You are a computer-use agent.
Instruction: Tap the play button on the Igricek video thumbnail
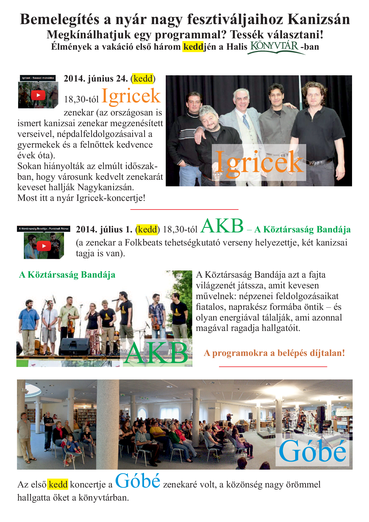pyautogui.click(x=38, y=95)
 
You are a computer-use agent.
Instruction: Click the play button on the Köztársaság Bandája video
pyautogui.click(x=44, y=246)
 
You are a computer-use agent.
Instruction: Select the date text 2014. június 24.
pyautogui.click(x=96, y=79)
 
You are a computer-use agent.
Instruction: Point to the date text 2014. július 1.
pyautogui.click(x=104, y=229)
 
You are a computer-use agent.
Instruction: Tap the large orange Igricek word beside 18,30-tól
pyautogui.click(x=131, y=96)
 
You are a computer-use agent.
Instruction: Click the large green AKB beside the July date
pyautogui.click(x=222, y=226)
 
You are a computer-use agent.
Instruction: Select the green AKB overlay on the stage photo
pyautogui.click(x=156, y=353)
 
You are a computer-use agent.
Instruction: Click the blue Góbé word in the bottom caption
pyautogui.click(x=137, y=481)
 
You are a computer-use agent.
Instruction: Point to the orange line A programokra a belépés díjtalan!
pyautogui.click(x=274, y=353)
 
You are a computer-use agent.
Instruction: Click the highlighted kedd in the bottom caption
pyautogui.click(x=58, y=485)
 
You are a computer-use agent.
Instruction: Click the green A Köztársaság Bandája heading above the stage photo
pyautogui.click(x=67, y=275)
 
